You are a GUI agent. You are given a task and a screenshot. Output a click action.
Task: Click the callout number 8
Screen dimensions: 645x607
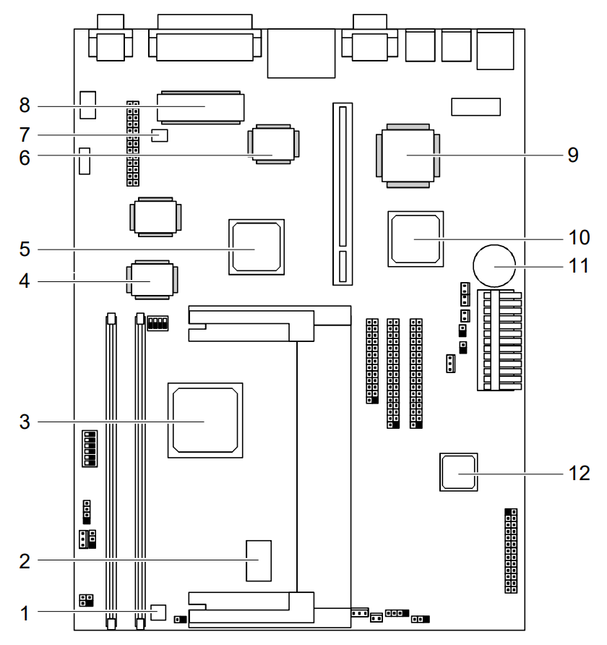coord(25,106)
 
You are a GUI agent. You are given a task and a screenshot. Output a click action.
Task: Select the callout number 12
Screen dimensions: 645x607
coord(580,473)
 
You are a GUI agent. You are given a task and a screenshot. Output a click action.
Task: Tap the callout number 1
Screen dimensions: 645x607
coord(25,614)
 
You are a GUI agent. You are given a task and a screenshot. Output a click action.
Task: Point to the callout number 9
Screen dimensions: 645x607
coord(572,155)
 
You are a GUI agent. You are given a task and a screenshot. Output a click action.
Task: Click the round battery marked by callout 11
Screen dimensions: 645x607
coord(494,266)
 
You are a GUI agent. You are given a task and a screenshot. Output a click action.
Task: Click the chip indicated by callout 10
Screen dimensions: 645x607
coord(415,239)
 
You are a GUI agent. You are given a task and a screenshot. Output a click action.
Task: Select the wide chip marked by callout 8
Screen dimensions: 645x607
coord(201,107)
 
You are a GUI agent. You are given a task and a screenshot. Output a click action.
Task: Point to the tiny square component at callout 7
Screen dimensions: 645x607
coord(160,135)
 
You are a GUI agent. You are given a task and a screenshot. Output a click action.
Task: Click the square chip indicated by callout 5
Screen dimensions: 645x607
coord(256,247)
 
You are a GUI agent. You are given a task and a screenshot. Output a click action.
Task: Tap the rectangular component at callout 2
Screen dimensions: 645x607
coord(258,560)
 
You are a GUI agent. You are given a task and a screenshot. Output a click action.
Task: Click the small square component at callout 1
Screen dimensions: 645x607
coord(159,612)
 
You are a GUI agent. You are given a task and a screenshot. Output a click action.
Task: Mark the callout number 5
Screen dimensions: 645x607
coord(25,249)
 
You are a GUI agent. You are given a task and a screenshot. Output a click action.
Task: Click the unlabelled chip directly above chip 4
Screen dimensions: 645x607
coord(155,216)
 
